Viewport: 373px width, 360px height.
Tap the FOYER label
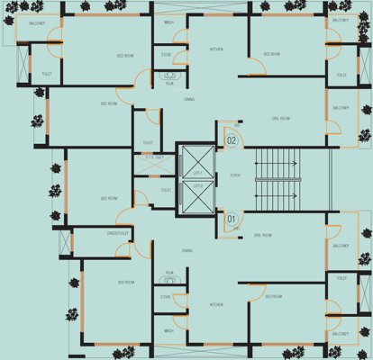point(235,175)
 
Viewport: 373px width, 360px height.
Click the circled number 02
point(231,139)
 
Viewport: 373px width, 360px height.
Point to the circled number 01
point(231,217)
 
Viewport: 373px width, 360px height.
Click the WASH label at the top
point(169,22)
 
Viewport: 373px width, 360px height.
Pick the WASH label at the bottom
point(168,330)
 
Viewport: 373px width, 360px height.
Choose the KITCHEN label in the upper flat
point(216,49)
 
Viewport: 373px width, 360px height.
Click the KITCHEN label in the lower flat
point(216,304)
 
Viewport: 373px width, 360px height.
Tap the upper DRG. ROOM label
point(280,119)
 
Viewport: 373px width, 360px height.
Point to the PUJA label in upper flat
point(169,83)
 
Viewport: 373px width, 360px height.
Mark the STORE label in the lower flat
point(166,296)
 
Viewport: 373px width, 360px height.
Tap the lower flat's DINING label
point(186,251)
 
